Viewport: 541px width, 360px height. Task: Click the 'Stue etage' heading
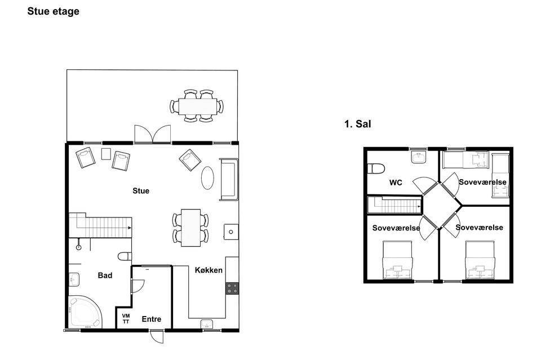pos(53,11)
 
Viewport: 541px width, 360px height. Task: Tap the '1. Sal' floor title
pos(357,124)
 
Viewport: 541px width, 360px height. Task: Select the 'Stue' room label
pos(141,190)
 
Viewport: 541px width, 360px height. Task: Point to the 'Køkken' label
pos(209,270)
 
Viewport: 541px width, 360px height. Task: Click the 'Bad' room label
pos(105,275)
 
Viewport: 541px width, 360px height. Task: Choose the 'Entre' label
pos(152,319)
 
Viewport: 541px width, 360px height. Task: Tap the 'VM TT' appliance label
pos(126,319)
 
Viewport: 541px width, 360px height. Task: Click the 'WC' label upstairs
pos(396,183)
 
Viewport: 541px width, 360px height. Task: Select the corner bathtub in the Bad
pos(85,312)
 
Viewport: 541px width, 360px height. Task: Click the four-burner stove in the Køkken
pos(232,288)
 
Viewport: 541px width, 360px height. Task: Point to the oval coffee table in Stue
pos(207,178)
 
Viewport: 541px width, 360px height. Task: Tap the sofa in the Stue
pos(229,179)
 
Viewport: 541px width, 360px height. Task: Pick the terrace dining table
pos(198,106)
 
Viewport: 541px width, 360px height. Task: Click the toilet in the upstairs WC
pos(376,168)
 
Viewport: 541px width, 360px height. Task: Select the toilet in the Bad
pos(125,256)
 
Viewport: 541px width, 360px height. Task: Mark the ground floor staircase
pos(100,225)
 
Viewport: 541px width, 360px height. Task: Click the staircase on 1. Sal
pos(394,206)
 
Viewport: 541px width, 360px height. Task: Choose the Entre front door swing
pos(157,336)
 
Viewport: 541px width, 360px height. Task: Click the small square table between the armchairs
pos(106,154)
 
